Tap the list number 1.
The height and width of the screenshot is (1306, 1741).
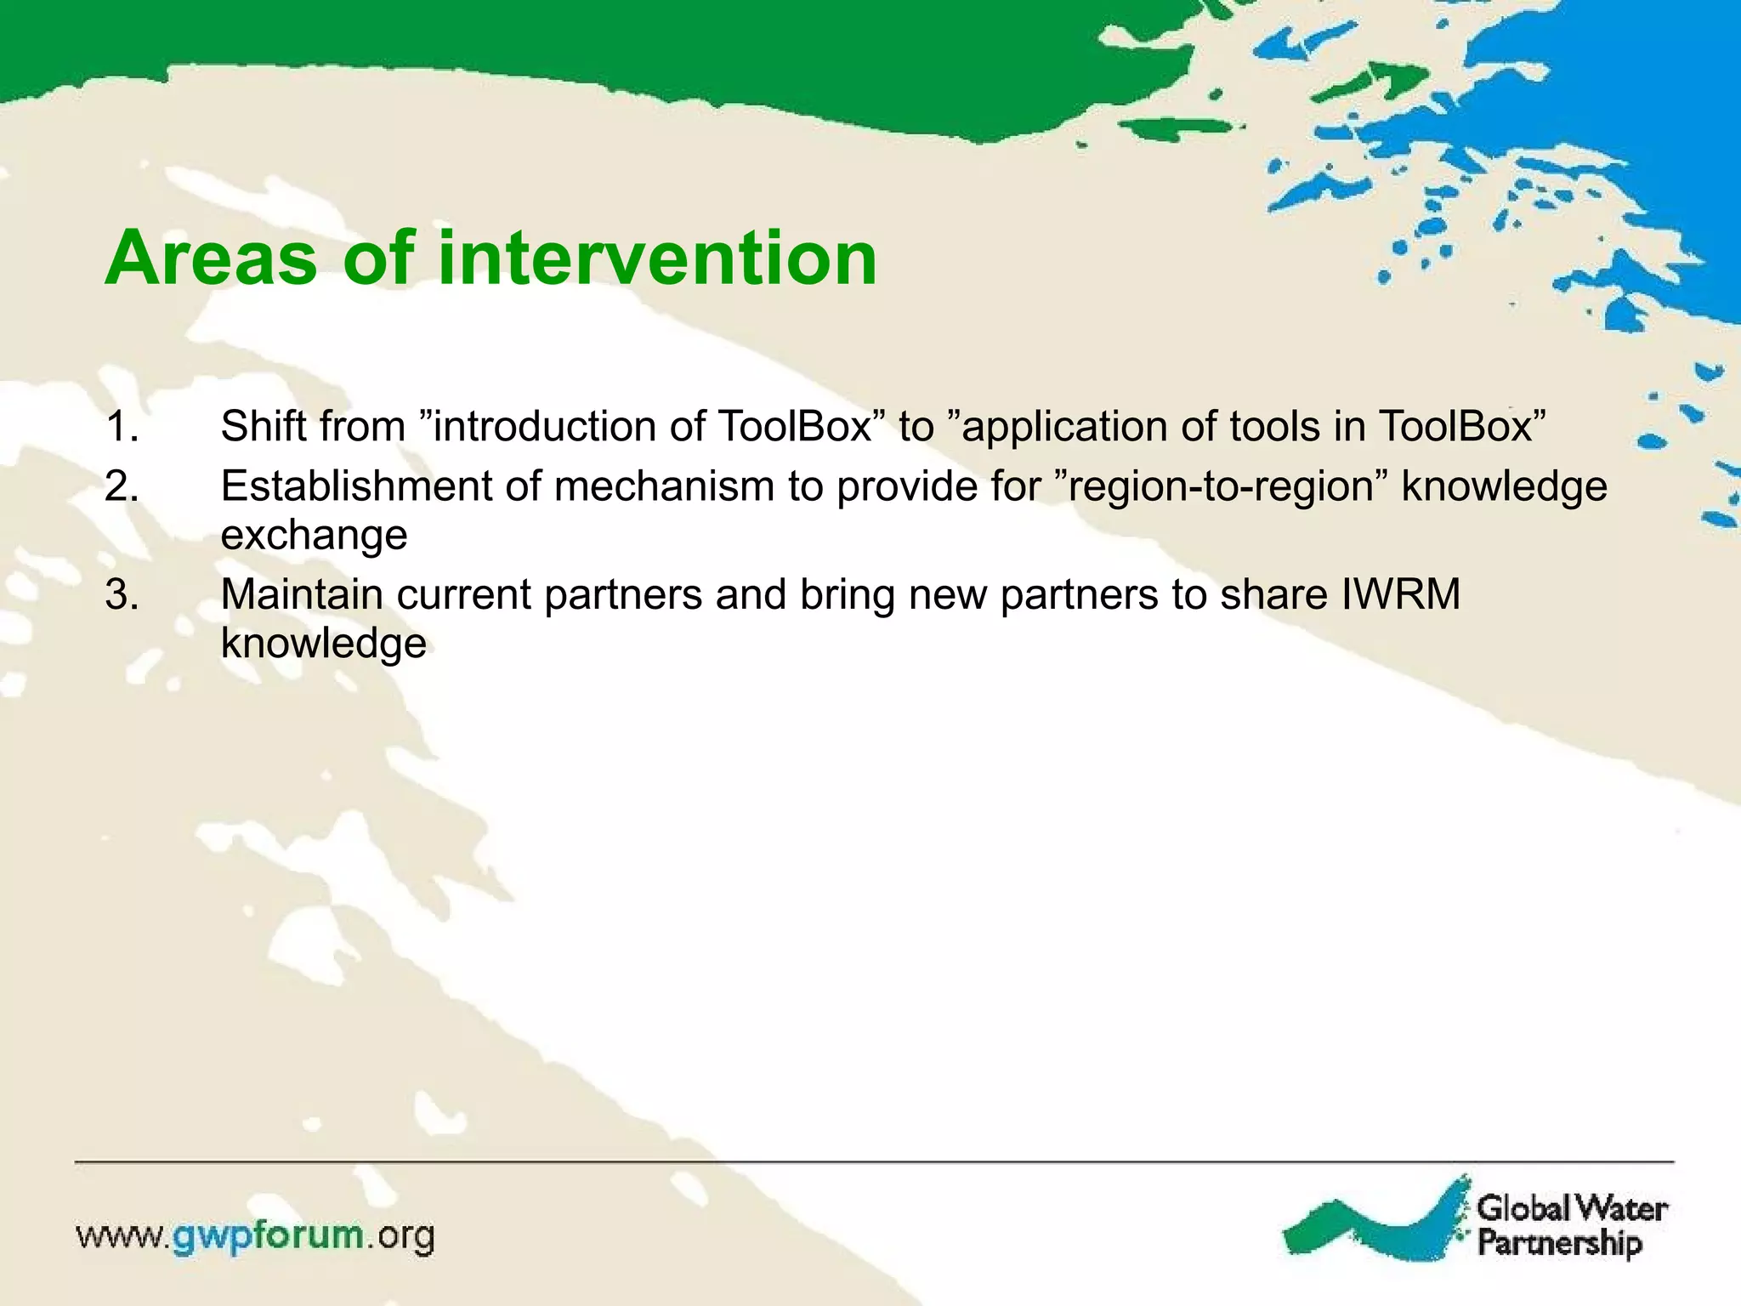121,426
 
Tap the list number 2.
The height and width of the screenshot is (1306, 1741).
122,486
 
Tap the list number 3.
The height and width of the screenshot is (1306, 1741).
122,594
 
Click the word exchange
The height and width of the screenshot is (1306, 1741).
314,536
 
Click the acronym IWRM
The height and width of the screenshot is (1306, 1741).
1400,594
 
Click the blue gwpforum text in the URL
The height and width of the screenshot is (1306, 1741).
269,1235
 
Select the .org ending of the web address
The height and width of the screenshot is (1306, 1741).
400,1235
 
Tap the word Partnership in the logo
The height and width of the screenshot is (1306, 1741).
1559,1242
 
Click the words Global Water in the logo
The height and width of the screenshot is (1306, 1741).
1572,1207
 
